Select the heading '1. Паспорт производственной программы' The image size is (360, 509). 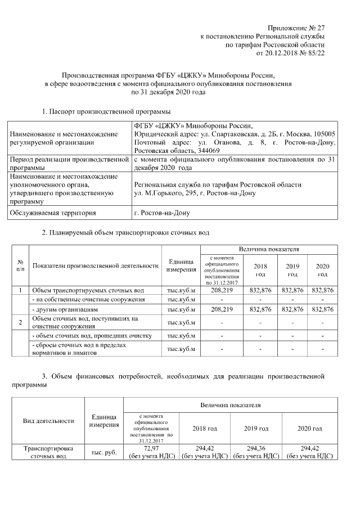(106, 111)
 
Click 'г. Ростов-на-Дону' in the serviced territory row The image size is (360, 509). (163, 213)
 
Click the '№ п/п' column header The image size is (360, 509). (21, 265)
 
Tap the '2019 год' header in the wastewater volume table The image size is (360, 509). (292, 269)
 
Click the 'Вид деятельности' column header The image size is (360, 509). (48, 421)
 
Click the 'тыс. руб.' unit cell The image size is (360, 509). (103, 452)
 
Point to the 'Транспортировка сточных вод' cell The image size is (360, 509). (48, 452)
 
